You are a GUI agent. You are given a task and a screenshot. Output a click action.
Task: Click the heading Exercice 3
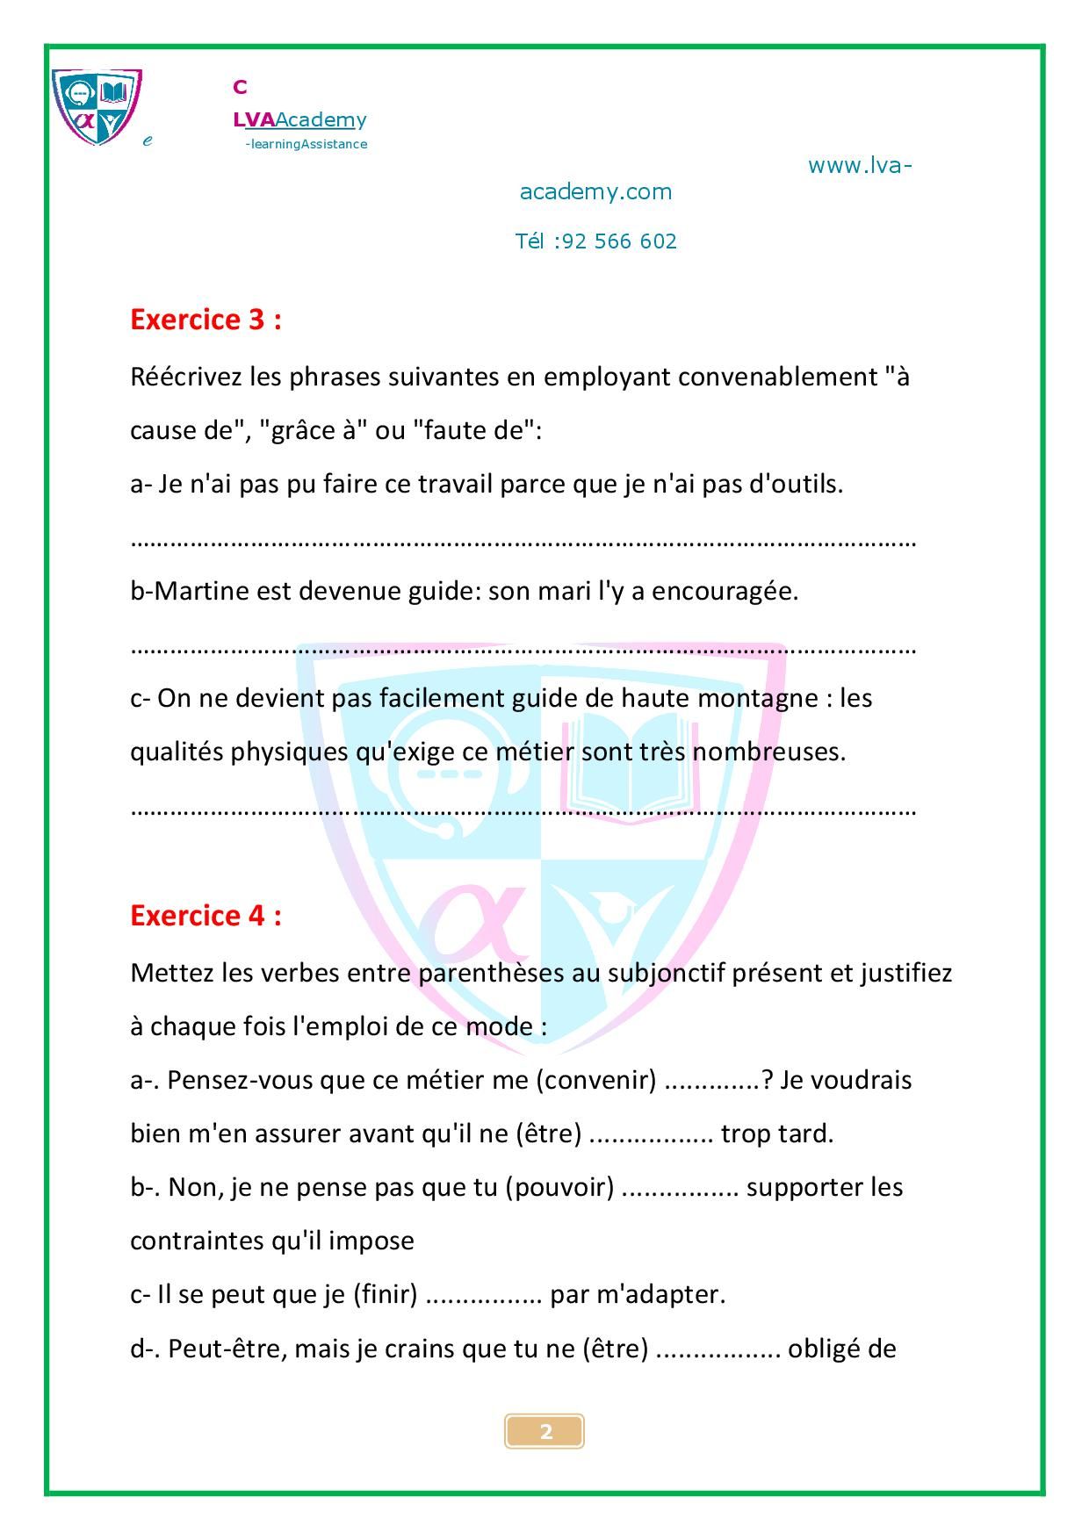(206, 320)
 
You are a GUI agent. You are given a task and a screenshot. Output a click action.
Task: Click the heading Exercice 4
(206, 916)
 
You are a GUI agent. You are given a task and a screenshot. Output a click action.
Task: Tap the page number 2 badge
(544, 1432)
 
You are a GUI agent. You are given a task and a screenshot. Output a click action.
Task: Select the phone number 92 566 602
(619, 241)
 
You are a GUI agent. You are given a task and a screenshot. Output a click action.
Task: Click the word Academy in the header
(321, 119)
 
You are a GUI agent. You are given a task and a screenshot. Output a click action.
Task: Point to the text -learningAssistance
(307, 144)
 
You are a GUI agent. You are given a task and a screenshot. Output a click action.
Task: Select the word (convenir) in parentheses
(596, 1080)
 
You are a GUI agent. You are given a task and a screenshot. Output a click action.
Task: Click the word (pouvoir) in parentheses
(559, 1187)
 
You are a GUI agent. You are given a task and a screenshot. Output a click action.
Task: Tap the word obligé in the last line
(825, 1349)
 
